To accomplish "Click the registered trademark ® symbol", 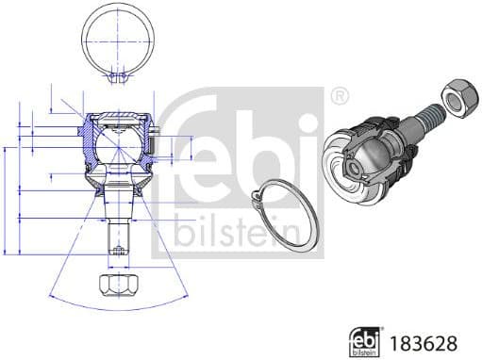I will [339, 95].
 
